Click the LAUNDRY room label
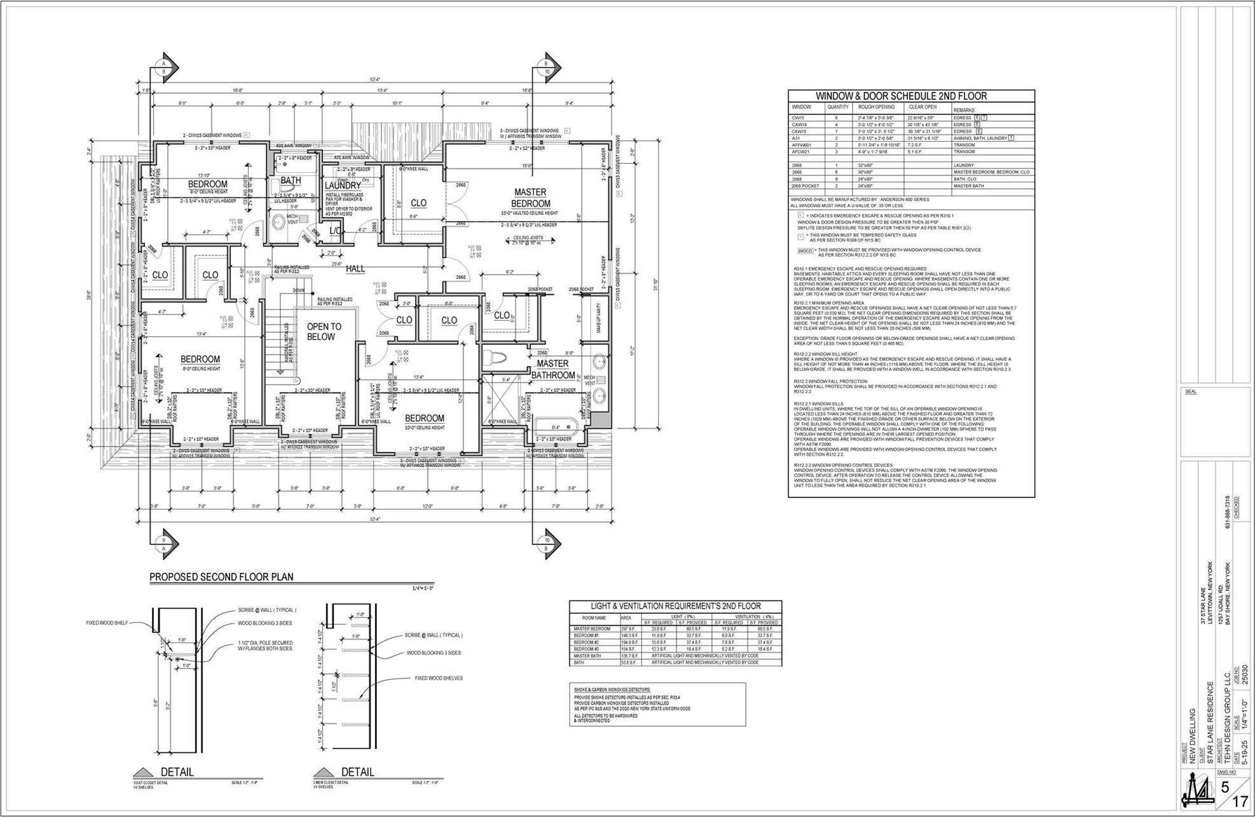pos(343,186)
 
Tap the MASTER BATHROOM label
pos(552,369)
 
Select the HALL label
pos(355,269)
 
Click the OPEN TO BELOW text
pos(324,332)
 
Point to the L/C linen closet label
pos(336,231)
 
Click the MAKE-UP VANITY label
pos(599,318)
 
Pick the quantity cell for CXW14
pos(837,125)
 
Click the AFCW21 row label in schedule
pos(800,152)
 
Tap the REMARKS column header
pos(964,110)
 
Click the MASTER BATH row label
pos(587,656)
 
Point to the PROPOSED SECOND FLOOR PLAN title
pos(221,577)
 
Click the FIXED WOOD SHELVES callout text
pos(439,678)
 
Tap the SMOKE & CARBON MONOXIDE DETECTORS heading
pos(612,689)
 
